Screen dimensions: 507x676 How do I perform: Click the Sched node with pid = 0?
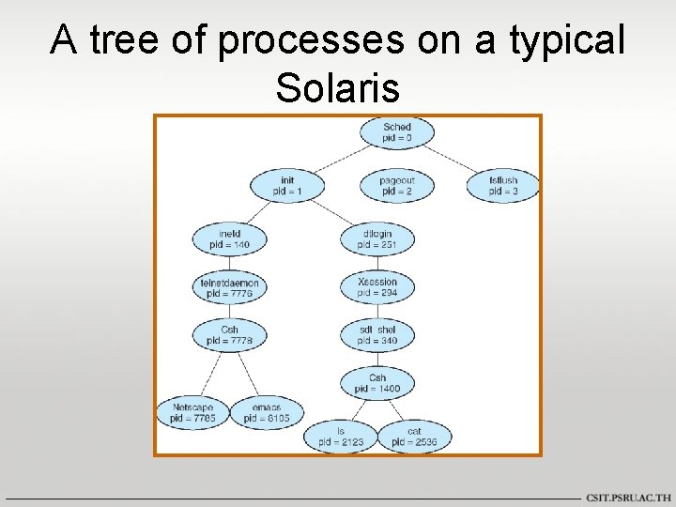point(396,132)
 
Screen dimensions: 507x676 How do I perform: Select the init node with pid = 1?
point(287,185)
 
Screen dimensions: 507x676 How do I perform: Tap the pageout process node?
point(396,185)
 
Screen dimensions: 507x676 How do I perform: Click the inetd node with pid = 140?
point(229,238)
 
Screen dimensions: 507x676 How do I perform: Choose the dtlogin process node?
point(376,238)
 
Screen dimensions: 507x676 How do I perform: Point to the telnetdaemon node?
point(229,287)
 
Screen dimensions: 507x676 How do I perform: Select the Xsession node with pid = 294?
point(376,287)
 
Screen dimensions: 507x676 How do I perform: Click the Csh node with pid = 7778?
point(229,335)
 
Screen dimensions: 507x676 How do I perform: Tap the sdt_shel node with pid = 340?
point(376,335)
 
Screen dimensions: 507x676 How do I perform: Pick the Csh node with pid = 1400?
point(376,382)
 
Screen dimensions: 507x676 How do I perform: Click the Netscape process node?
point(192,413)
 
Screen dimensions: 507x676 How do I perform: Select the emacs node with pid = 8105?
point(267,413)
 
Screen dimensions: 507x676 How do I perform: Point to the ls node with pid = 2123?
point(339,437)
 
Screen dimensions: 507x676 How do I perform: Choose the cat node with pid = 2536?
point(413,437)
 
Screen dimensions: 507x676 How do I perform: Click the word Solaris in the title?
point(338,88)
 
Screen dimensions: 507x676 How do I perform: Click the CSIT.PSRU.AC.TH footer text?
point(628,497)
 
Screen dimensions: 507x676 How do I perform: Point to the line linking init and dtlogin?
point(331,212)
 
